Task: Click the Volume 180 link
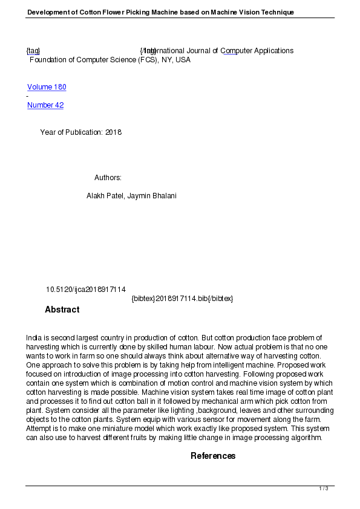click(47, 87)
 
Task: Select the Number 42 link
click(45, 105)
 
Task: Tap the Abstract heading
click(62, 310)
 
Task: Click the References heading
click(213, 456)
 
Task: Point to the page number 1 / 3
click(324, 488)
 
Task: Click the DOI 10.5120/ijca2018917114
click(86, 290)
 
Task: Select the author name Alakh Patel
click(105, 196)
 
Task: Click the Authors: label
click(108, 178)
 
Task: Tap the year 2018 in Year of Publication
click(114, 132)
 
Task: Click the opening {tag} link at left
click(33, 51)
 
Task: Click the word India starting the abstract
click(34, 337)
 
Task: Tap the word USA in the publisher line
click(183, 60)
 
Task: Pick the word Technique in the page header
click(277, 12)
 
